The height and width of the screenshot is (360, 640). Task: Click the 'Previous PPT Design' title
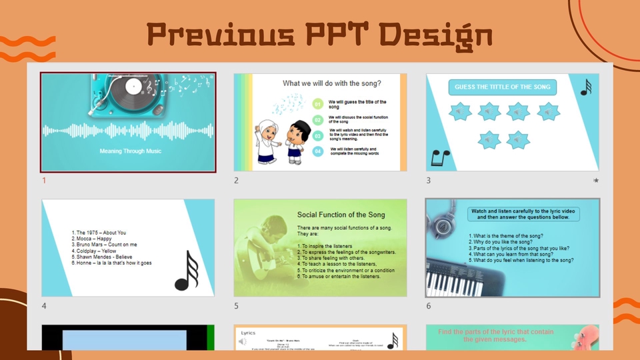pos(319,34)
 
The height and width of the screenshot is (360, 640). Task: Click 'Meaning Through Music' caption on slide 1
pos(131,151)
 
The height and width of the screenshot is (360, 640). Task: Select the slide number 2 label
pos(236,180)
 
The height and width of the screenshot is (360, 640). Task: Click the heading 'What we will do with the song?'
pos(331,84)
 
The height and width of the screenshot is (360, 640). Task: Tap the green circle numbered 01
pos(318,104)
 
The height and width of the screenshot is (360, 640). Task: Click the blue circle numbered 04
pos(318,151)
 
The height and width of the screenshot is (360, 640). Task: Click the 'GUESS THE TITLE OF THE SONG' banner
pos(503,87)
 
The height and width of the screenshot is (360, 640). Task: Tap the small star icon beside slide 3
pos(595,181)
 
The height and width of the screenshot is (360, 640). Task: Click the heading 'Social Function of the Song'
pos(341,215)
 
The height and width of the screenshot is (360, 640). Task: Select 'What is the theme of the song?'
pos(506,235)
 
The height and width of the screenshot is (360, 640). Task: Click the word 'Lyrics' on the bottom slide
pos(248,332)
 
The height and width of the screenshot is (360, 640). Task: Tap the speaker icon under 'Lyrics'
pos(243,342)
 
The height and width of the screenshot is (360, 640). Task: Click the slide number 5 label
pos(236,306)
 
